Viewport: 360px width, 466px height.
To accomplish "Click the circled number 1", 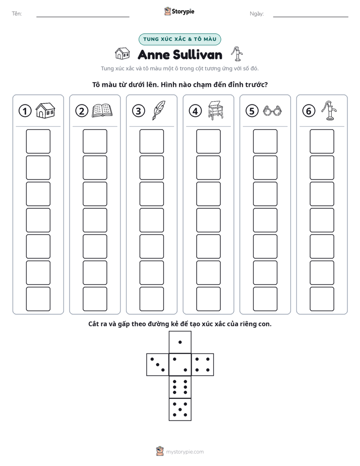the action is click(25, 111).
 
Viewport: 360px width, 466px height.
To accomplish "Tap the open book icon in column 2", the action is click(102, 110).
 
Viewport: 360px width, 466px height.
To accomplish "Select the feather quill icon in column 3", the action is click(159, 110).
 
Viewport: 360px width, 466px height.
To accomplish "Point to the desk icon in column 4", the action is click(216, 110).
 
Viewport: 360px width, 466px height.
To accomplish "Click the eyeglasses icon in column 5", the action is click(272, 111).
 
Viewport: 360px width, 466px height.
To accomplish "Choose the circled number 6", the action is click(309, 111).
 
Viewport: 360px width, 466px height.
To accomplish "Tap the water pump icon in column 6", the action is click(329, 110).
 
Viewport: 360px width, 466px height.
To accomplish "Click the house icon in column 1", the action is click(45, 110).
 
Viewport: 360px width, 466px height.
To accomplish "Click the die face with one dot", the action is click(180, 342).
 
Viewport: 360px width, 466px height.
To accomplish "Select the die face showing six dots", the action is click(180, 387).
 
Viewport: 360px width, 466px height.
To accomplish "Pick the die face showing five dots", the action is click(180, 410).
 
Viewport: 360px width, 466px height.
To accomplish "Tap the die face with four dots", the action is click(203, 364).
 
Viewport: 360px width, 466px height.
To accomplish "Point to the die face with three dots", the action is click(158, 364).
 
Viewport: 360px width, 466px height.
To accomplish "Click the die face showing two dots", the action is click(180, 364).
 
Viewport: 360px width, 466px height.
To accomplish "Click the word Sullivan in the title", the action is click(197, 55).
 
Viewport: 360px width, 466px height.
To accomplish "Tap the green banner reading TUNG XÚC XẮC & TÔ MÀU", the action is click(179, 39).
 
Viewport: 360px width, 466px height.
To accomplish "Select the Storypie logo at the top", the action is click(179, 12).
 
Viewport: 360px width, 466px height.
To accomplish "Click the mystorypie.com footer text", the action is click(185, 452).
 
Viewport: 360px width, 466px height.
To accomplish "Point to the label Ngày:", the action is click(257, 14).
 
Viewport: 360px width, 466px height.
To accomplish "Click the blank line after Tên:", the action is click(83, 17).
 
